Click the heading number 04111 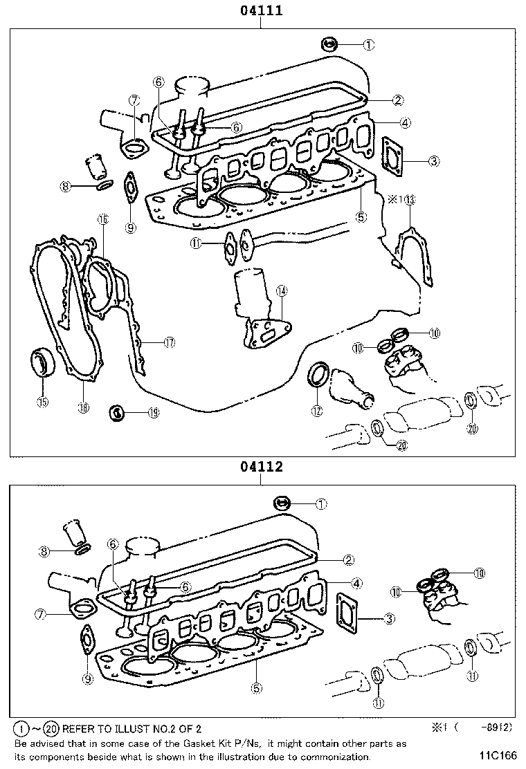(262, 10)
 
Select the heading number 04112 (262, 467)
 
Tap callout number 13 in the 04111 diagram (410, 200)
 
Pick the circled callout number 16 (102, 219)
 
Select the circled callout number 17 (169, 342)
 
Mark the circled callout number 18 (83, 408)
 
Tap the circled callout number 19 (153, 413)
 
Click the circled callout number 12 (316, 411)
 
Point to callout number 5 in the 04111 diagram (361, 216)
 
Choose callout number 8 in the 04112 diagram (45, 551)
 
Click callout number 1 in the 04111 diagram (369, 45)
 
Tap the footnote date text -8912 (497, 728)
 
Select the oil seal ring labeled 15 (43, 364)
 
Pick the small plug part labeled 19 (117, 414)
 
